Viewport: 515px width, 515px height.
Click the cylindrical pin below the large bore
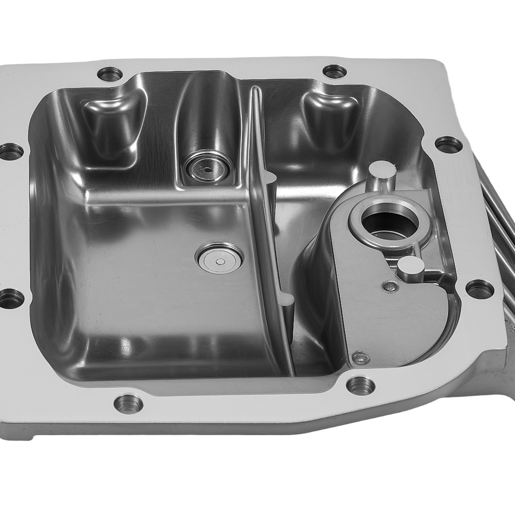pyautogui.click(x=410, y=268)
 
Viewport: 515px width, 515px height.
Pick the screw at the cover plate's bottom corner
pyautogui.click(x=361, y=356)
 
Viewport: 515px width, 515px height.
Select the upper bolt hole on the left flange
pyautogui.click(x=10, y=151)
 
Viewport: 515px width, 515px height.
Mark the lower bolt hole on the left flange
pyautogui.click(x=10, y=297)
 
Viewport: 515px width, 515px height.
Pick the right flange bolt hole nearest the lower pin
pyautogui.click(x=479, y=289)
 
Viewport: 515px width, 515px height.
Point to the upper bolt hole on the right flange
pyautogui.click(x=449, y=144)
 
